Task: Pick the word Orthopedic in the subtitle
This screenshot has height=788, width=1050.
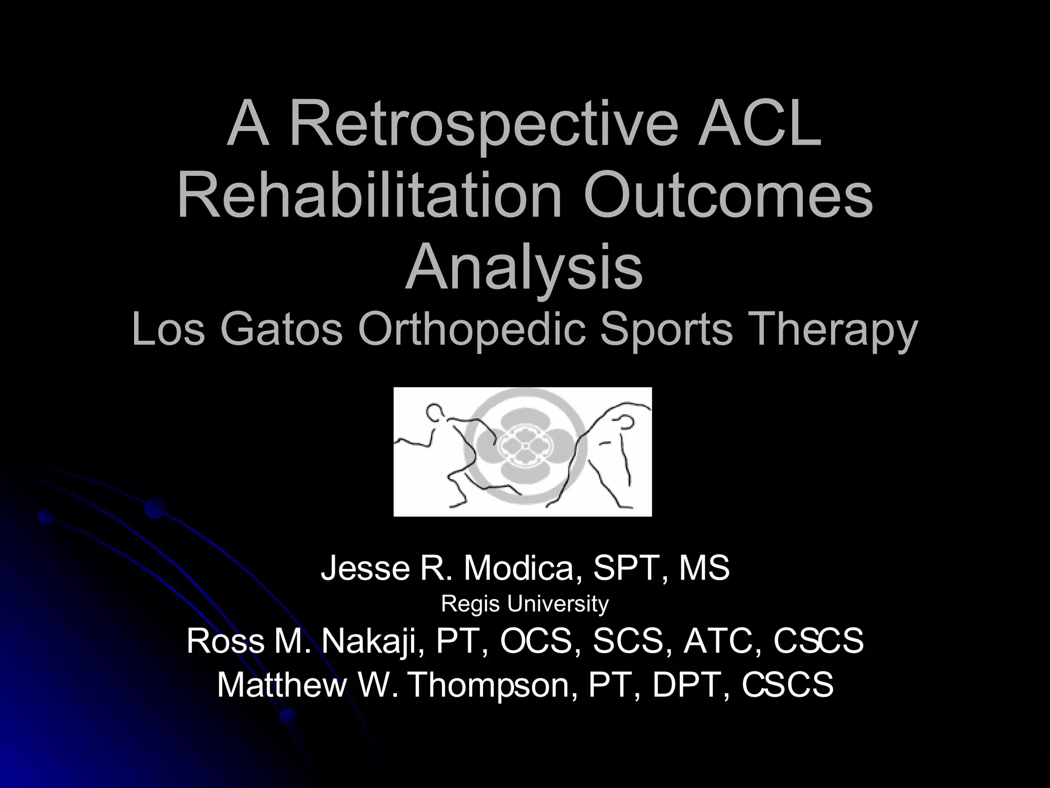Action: (x=471, y=331)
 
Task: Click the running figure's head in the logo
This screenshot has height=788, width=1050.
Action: (x=435, y=413)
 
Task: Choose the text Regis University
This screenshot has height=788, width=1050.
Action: (x=524, y=604)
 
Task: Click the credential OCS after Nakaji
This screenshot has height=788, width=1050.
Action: (x=535, y=641)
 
